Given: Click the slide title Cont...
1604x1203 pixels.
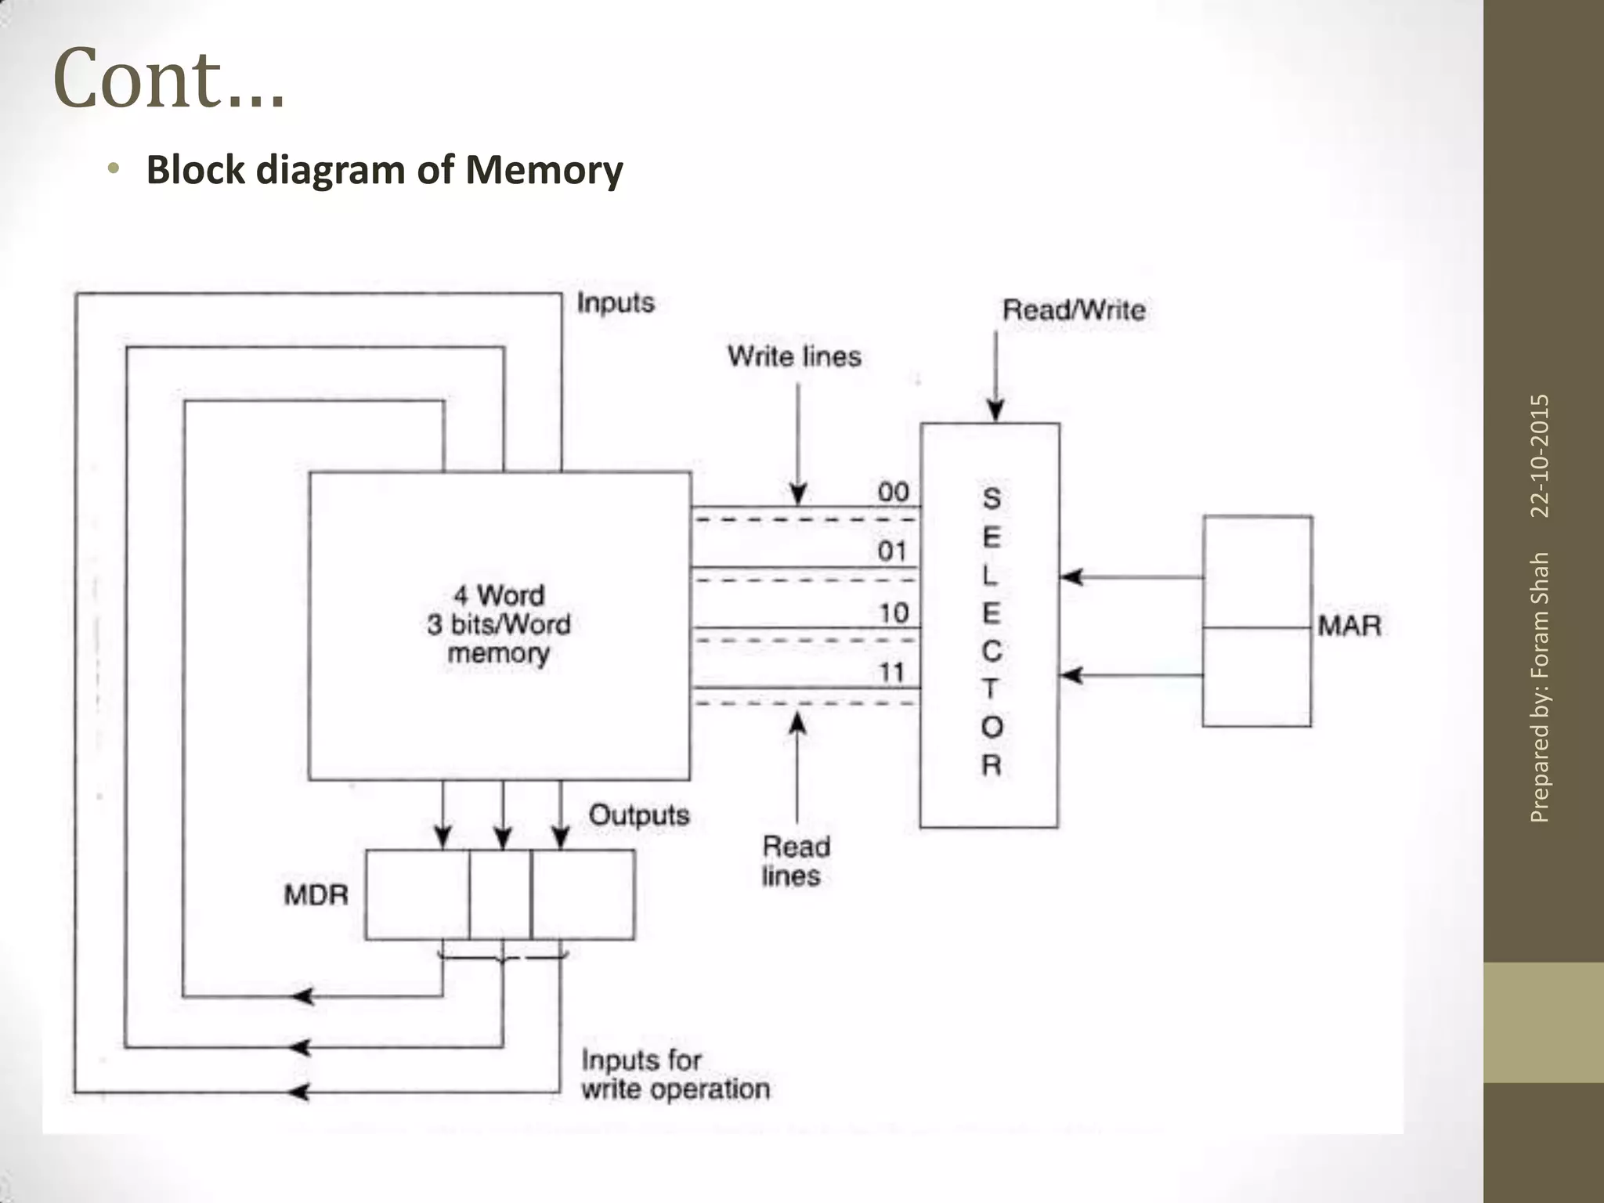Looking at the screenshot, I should (168, 80).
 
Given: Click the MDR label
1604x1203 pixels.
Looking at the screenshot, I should (316, 894).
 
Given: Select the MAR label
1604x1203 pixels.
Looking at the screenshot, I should (1349, 626).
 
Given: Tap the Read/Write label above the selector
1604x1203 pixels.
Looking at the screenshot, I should (1074, 310).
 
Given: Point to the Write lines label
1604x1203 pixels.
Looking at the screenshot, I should (794, 357).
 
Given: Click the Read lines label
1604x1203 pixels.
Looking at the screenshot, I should (794, 861).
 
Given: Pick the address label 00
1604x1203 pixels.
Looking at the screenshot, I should (893, 493).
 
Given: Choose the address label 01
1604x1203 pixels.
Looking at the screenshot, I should (892, 551).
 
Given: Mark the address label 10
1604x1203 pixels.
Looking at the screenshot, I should (893, 613).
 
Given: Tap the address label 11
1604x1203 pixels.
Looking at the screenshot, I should (891, 672).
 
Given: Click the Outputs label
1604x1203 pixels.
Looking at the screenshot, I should (639, 815).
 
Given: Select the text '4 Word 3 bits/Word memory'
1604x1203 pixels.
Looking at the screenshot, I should (499, 624).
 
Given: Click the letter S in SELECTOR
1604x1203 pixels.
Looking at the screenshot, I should (992, 498).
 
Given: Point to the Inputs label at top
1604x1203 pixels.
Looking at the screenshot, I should (616, 303).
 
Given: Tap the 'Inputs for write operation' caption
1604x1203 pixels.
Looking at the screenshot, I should (675, 1075).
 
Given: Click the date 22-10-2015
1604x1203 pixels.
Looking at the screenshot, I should (1540, 456).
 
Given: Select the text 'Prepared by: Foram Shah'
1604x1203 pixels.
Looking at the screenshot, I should (1540, 688).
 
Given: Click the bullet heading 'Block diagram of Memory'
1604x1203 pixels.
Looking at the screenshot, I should (385, 170).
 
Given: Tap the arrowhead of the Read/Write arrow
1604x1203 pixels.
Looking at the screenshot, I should (995, 412).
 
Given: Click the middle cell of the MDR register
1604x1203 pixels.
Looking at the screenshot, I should (500, 894).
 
